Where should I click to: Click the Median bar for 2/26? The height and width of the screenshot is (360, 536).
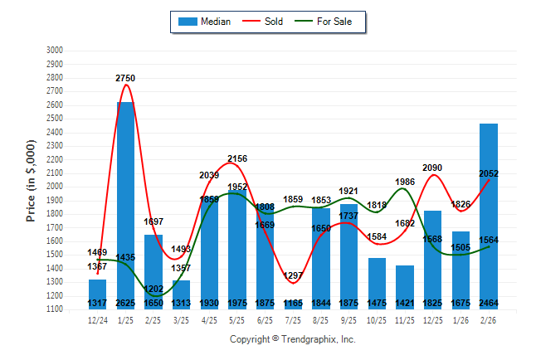tap(489, 216)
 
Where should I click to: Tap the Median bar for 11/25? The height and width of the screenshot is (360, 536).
tap(405, 286)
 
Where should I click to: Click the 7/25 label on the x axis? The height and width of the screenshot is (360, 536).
tap(293, 319)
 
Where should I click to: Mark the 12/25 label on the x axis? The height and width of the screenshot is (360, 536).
tap(432, 319)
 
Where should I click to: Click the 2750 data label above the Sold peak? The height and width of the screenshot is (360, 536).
tap(125, 78)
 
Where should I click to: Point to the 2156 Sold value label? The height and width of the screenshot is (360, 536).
tap(237, 158)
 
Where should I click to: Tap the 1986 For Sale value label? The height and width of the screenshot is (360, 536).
tap(405, 182)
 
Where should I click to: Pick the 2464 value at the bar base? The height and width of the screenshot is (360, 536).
tap(489, 304)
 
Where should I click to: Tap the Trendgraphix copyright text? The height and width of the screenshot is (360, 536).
tap(292, 339)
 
